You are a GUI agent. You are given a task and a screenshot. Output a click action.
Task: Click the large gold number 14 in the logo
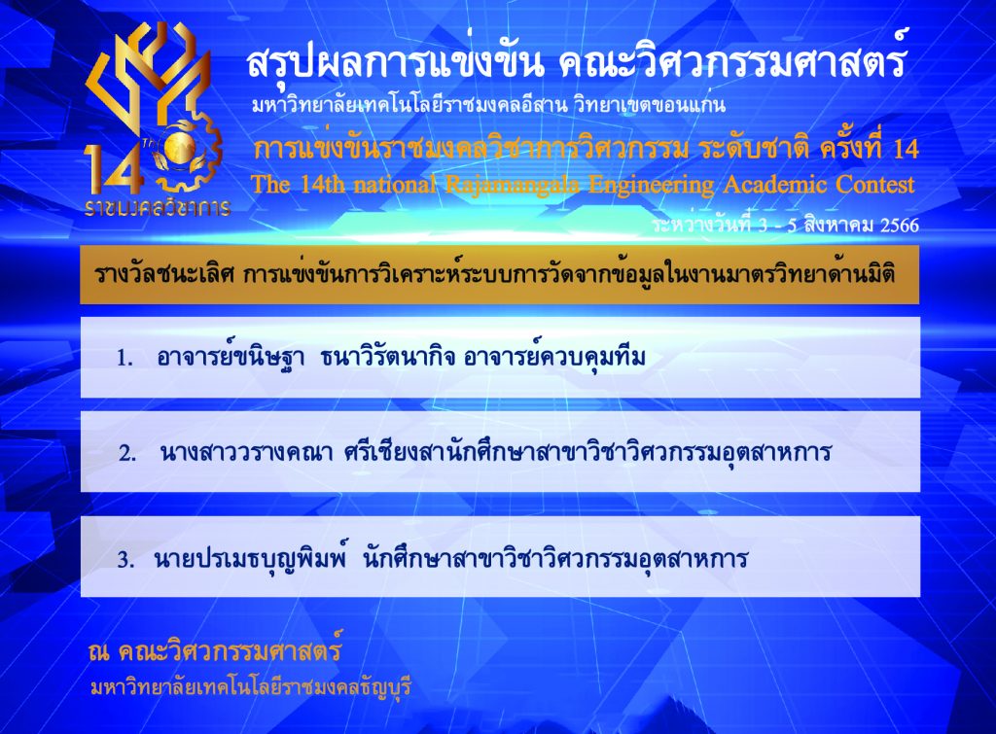[113, 168]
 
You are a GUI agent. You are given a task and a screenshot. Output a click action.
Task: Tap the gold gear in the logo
[191, 153]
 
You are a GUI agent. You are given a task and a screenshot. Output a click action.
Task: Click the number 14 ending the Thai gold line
[906, 149]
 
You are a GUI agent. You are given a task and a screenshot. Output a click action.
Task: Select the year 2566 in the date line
[899, 226]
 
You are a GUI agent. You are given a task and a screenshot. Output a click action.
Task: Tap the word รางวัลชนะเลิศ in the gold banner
[164, 274]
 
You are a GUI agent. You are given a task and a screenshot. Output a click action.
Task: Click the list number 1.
[124, 359]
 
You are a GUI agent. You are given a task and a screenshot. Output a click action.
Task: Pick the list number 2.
[127, 453]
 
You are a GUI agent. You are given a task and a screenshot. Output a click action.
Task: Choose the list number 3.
[125, 560]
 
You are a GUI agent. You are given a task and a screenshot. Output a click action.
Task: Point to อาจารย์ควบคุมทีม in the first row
[554, 357]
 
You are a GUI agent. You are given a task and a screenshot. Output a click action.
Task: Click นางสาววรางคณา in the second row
[246, 453]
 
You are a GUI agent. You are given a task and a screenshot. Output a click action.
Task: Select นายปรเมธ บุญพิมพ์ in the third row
[252, 558]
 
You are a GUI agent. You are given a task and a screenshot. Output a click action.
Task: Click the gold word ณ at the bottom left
[99, 651]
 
